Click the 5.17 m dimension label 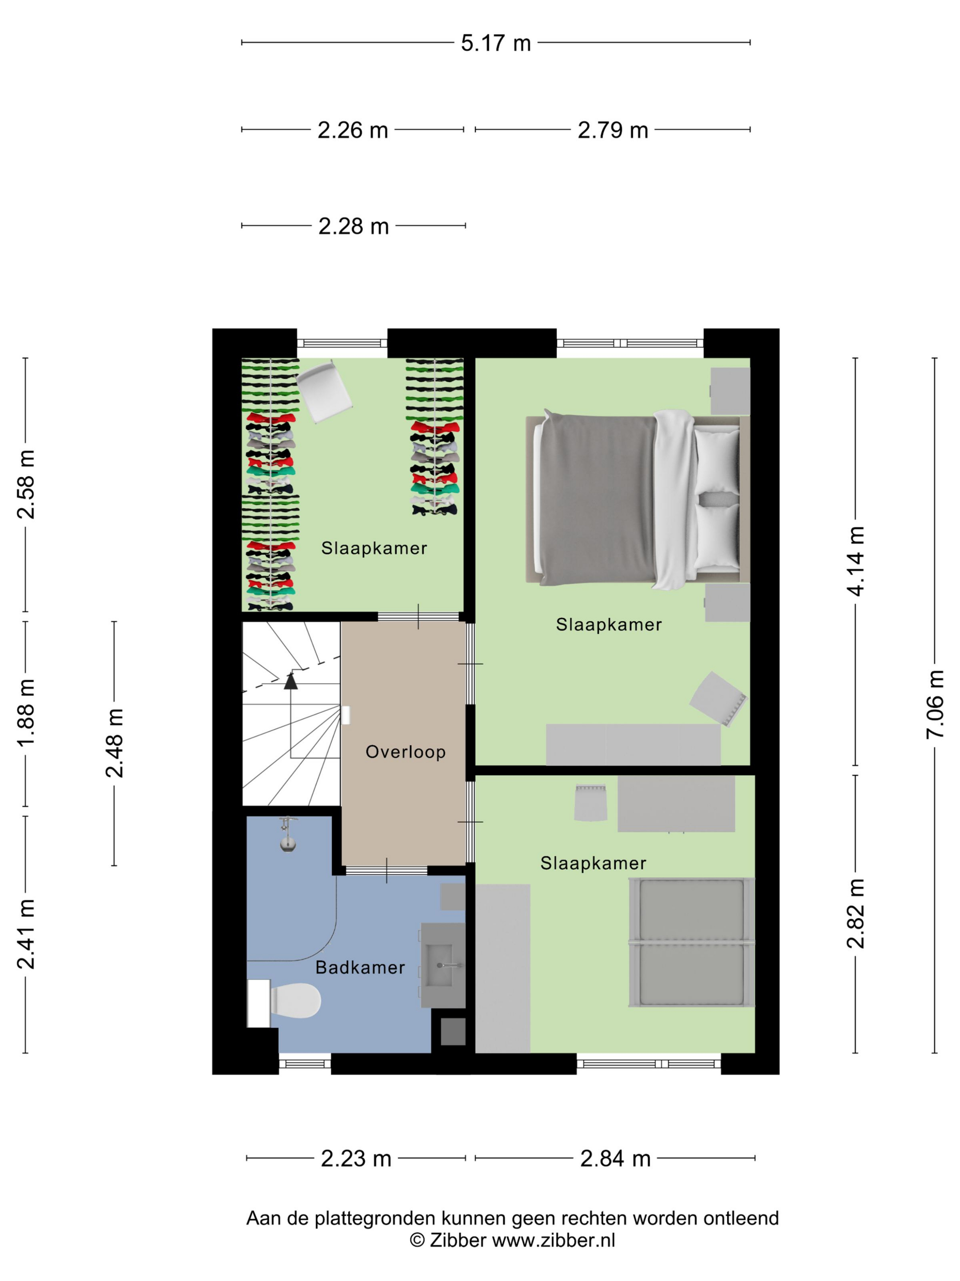[x=496, y=43]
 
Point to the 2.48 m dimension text [x=114, y=743]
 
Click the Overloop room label [x=405, y=752]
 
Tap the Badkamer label [x=360, y=967]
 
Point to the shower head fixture [x=288, y=834]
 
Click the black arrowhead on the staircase [x=290, y=681]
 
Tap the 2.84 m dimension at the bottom [x=615, y=1158]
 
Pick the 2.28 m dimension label [x=353, y=226]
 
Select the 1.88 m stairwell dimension [x=26, y=713]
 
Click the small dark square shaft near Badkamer [x=453, y=1031]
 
